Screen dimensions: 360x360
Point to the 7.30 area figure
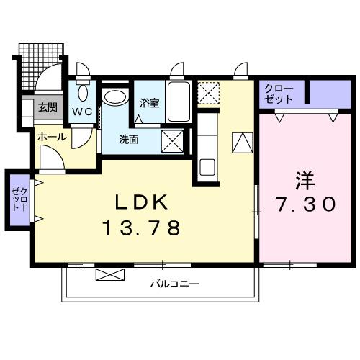[305, 204]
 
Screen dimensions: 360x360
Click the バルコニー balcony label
[174, 284]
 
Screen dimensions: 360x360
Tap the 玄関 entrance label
[48, 108]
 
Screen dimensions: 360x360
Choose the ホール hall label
[51, 135]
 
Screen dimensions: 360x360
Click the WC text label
[80, 112]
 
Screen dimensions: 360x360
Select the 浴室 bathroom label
[150, 103]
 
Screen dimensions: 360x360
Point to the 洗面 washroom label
[130, 139]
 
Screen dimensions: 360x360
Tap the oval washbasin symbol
[114, 96]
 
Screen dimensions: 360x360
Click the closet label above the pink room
[279, 93]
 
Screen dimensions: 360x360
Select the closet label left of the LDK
[17, 199]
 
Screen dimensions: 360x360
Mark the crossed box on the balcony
[110, 276]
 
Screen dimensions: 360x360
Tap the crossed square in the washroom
[171, 138]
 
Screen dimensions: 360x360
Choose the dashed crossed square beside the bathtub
[209, 92]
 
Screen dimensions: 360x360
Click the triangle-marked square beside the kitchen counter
[243, 143]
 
